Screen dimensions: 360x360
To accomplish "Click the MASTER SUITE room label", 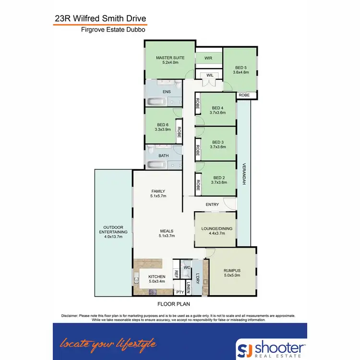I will pyautogui.click(x=170, y=58).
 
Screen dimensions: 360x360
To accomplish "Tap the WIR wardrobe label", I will pyautogui.click(x=208, y=58).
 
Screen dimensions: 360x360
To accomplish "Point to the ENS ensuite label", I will pyautogui.click(x=167, y=91).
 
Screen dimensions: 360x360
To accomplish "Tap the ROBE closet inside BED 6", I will pyautogui.click(x=179, y=132).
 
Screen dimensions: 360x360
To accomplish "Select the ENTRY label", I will pyautogui.click(x=212, y=204).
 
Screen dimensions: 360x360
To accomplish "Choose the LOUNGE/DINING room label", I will pyautogui.click(x=217, y=229).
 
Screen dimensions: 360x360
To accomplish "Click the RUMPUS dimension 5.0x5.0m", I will pyautogui.click(x=231, y=276).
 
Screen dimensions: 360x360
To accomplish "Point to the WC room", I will pyautogui.click(x=187, y=266).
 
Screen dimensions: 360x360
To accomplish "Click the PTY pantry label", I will pyautogui.click(x=180, y=292).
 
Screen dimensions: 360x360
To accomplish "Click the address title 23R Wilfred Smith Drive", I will pyautogui.click(x=100, y=19).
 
